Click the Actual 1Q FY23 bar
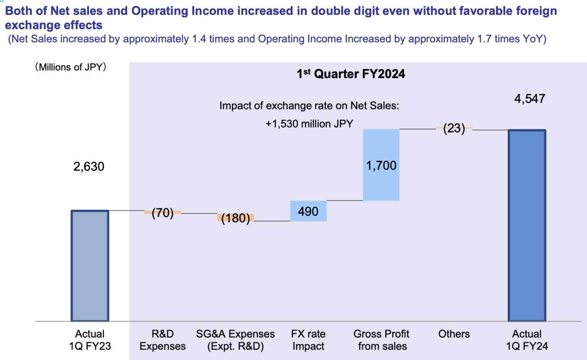click(90, 266)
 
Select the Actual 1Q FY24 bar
click(527, 225)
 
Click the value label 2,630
click(89, 167)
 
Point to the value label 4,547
click(530, 99)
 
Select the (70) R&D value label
click(162, 213)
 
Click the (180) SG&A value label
click(235, 218)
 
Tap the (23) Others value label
click(454, 128)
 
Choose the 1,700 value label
click(381, 165)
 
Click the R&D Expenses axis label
click(162, 340)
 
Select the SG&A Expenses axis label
click(235, 340)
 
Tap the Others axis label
click(454, 334)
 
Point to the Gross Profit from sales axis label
click(381, 340)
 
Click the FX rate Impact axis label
click(308, 340)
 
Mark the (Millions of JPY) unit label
click(71, 67)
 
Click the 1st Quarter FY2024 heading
click(351, 74)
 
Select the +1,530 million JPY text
click(309, 124)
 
